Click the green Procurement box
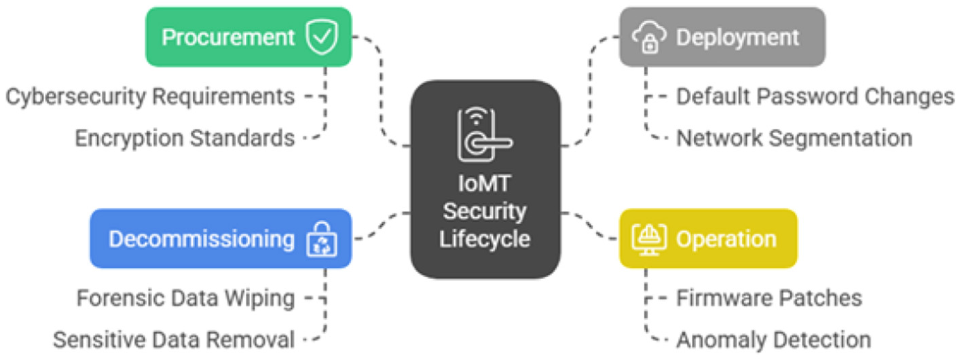(248, 37)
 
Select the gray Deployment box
(722, 37)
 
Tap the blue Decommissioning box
(221, 238)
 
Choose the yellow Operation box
(708, 238)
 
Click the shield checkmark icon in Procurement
(321, 37)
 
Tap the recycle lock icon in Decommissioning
(321, 239)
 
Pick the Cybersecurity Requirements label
(150, 96)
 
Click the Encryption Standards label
(185, 138)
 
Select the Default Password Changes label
(815, 96)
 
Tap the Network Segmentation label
(794, 138)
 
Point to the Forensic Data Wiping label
(185, 298)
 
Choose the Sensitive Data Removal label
(174, 339)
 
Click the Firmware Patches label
(769, 298)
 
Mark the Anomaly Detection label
(773, 339)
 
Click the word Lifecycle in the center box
(485, 240)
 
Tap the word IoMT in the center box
(485, 185)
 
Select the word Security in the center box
(485, 212)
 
